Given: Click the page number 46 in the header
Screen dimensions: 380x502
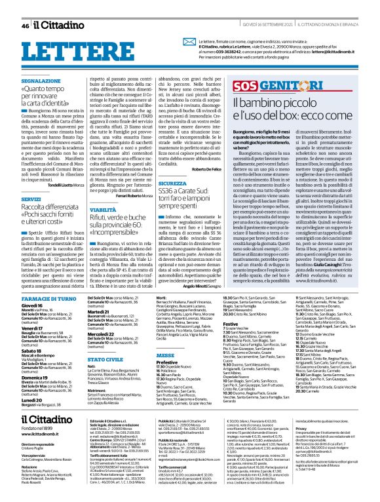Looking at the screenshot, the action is pyautogui.click(x=25, y=26).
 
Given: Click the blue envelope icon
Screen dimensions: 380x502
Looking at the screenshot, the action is pyautogui.click(x=166, y=45).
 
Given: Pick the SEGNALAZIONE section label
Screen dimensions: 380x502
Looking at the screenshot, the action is pyautogui.click(x=41, y=81).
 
